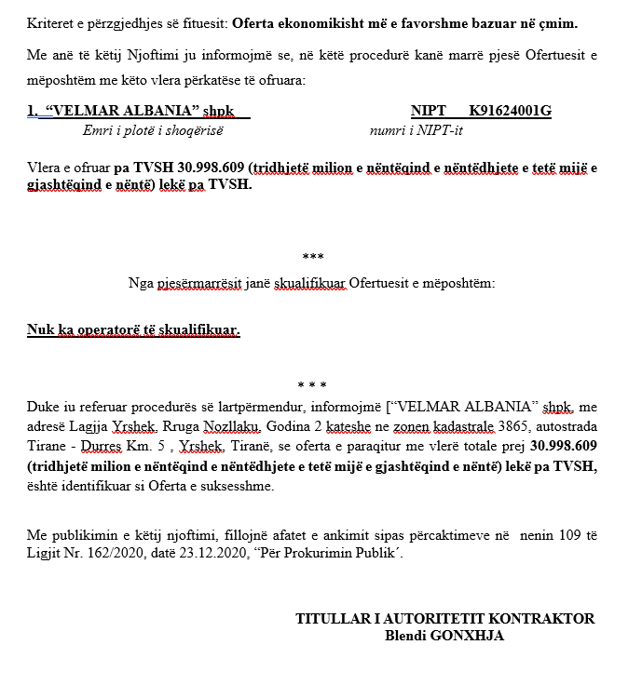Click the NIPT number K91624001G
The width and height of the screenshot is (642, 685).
[x=510, y=112]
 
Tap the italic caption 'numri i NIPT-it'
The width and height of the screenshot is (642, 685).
[x=416, y=130]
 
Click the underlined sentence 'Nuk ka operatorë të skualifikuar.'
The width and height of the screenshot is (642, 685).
[x=133, y=329]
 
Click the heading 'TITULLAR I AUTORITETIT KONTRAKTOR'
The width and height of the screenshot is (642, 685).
[x=444, y=619]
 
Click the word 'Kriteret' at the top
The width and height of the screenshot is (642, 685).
[x=50, y=23]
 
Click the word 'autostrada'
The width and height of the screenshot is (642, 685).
[x=565, y=425]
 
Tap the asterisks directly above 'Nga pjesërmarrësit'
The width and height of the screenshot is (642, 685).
[x=313, y=257]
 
